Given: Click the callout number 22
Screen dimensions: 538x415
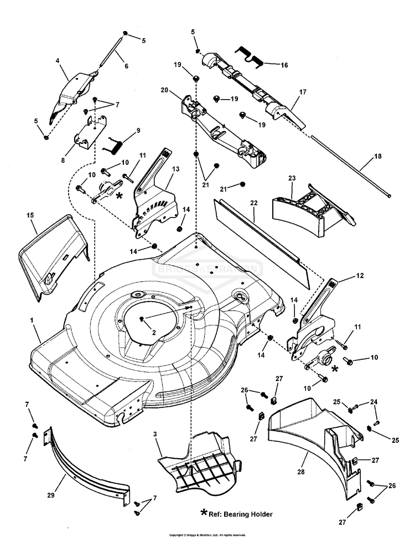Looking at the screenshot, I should point(254,204).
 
